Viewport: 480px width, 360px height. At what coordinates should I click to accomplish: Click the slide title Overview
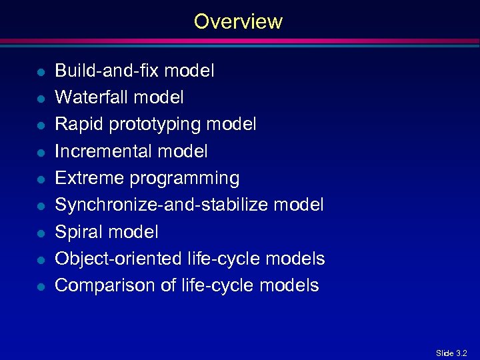point(238,21)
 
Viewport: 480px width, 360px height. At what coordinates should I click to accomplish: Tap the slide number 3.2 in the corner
point(461,353)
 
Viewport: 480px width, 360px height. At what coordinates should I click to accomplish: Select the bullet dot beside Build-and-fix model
point(41,71)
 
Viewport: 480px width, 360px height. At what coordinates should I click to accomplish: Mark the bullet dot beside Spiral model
point(41,233)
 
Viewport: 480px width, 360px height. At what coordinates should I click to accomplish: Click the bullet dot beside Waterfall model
point(41,98)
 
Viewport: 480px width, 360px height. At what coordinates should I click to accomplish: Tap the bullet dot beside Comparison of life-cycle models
point(41,286)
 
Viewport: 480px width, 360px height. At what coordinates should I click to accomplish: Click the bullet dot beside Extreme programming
point(41,179)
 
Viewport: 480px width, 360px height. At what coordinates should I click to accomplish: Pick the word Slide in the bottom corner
point(444,353)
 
